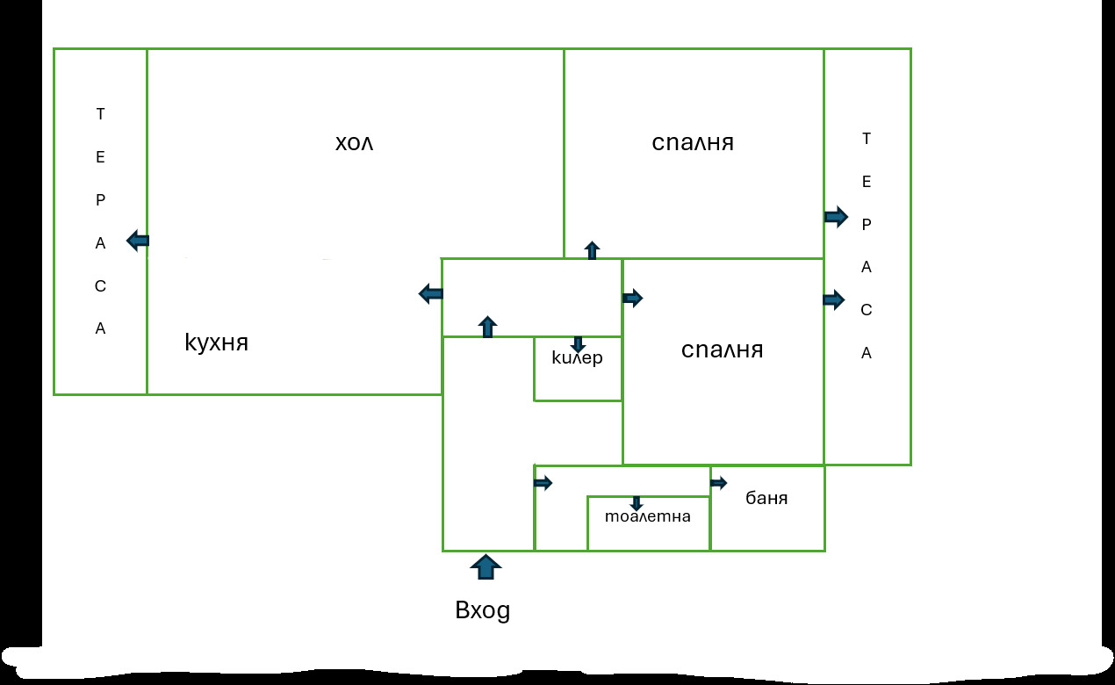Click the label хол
click(x=354, y=143)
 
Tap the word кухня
click(x=216, y=342)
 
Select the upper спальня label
click(x=693, y=143)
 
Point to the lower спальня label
click(x=722, y=350)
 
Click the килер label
click(x=577, y=357)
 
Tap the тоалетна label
click(x=648, y=516)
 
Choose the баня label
click(x=766, y=498)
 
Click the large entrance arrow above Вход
click(x=486, y=567)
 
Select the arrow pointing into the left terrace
click(x=138, y=241)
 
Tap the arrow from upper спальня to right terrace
click(x=836, y=217)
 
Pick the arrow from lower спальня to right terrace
click(x=834, y=299)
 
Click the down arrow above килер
click(x=578, y=344)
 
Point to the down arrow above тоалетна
click(x=637, y=503)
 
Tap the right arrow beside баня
click(x=718, y=482)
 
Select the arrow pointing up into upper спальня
click(x=592, y=250)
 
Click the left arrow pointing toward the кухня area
click(x=430, y=293)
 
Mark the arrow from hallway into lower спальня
click(x=633, y=298)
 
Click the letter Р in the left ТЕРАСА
click(x=101, y=200)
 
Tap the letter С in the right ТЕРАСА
click(x=867, y=310)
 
